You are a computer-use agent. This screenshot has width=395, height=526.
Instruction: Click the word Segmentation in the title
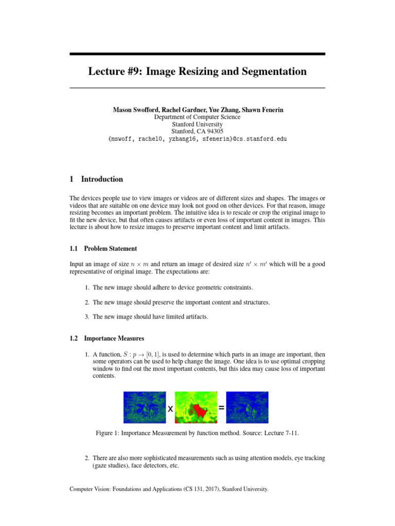point(272,71)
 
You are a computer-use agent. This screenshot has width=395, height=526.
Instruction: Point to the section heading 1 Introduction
point(96,179)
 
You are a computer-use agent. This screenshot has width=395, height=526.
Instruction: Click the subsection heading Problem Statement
point(111,249)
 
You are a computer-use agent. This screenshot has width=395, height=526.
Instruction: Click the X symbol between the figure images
point(170,408)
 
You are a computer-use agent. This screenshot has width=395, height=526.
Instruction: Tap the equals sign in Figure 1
point(221,407)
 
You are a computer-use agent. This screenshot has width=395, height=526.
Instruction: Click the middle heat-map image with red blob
point(195,407)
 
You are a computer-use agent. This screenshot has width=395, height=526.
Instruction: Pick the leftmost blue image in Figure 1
point(144,407)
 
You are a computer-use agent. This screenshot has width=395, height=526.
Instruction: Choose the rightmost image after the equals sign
point(247,407)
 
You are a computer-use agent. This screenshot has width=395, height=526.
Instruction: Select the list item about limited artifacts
point(151,317)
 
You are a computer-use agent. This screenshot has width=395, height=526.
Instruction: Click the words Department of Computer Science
point(197,117)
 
